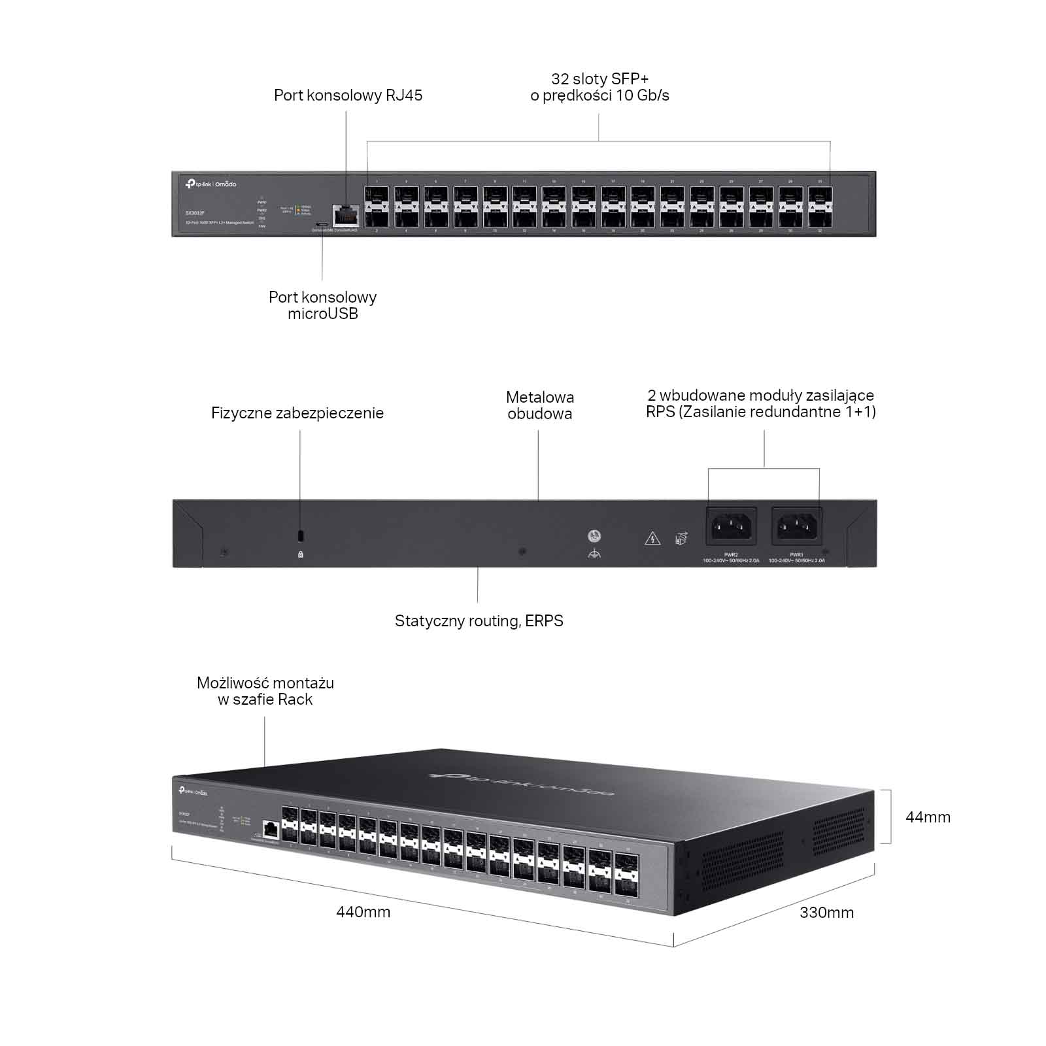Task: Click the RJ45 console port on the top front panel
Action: [x=346, y=215]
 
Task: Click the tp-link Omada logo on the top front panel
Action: [x=211, y=184]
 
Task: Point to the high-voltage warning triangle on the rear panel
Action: [x=652, y=539]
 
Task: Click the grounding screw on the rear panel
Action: [x=594, y=536]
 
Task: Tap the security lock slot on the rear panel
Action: [x=301, y=536]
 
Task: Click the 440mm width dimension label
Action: [x=363, y=912]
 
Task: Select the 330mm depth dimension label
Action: [x=826, y=913]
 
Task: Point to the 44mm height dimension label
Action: [x=928, y=817]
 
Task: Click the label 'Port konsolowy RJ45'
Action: [x=348, y=95]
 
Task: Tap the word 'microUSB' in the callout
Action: [x=323, y=314]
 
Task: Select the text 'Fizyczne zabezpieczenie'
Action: [x=297, y=413]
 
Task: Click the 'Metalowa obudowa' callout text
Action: [x=540, y=405]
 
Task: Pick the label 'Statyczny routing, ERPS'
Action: [x=479, y=621]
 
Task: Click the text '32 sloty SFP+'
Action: [x=599, y=79]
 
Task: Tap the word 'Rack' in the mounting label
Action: [x=295, y=700]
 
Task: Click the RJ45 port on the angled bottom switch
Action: [x=270, y=830]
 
